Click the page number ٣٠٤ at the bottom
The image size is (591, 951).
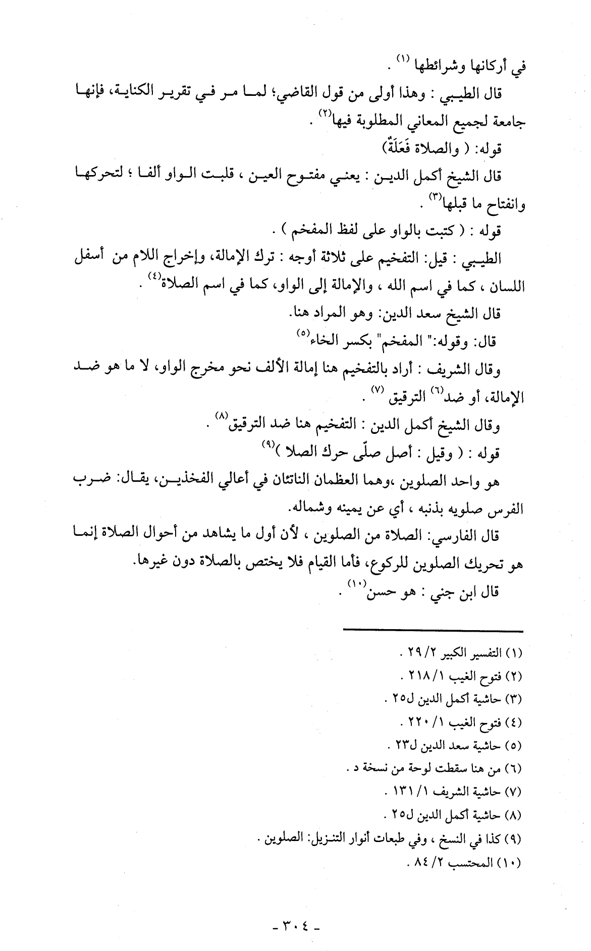(296, 927)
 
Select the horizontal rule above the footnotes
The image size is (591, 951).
(433, 631)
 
